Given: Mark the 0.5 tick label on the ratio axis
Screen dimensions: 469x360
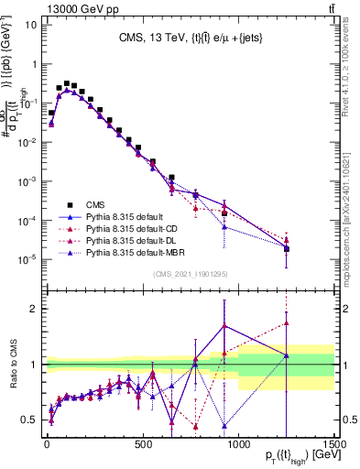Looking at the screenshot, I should [x=30, y=420].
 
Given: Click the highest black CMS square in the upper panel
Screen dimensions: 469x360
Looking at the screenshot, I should [x=67, y=83].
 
